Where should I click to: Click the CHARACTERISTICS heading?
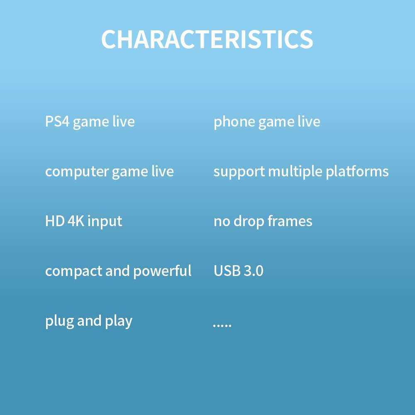(207, 39)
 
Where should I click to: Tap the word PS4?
(57, 122)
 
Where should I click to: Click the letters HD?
(55, 221)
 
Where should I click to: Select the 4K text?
(76, 221)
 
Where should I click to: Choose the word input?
(105, 222)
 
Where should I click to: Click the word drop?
(249, 222)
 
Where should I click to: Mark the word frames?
(290, 221)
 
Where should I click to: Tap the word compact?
(74, 271)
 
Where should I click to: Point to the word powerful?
(162, 271)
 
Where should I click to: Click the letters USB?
(227, 271)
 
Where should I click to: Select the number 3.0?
(253, 271)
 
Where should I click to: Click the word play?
(119, 321)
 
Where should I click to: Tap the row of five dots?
(222, 325)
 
